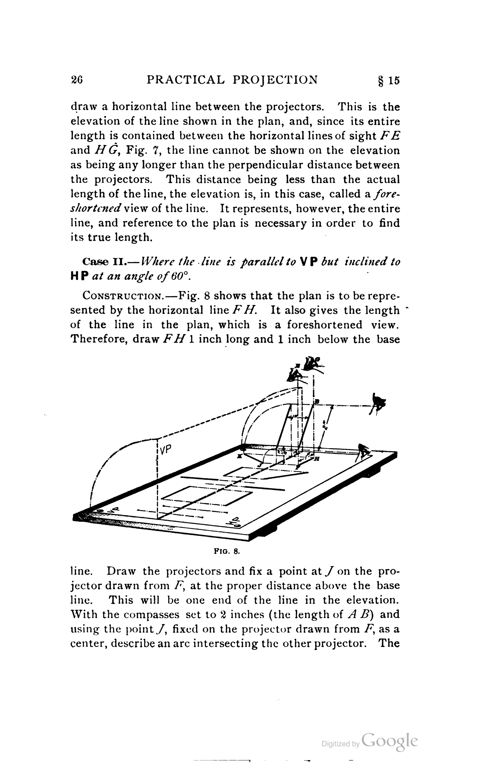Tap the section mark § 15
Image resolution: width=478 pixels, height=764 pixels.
(389, 81)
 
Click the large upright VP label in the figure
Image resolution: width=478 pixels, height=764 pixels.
(165, 450)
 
